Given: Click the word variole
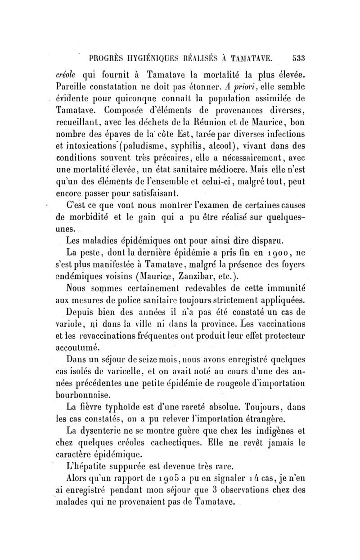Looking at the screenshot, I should tap(68, 324).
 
